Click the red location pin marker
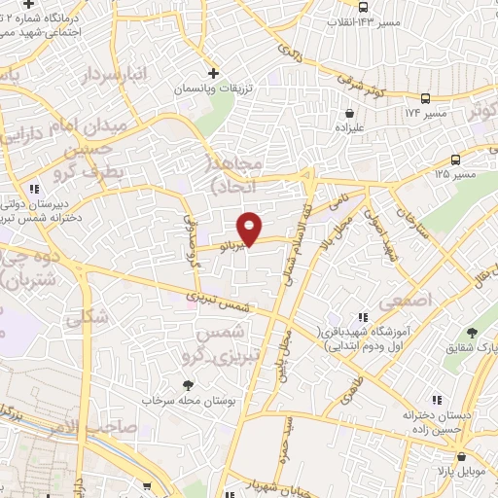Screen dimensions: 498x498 (250, 228)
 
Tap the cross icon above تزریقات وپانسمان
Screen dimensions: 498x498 (214, 73)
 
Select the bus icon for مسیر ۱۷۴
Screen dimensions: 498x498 (425, 98)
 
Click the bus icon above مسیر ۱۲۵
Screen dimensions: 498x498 (456, 160)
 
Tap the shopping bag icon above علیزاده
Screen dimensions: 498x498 (348, 112)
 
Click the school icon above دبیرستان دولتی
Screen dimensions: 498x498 (34, 189)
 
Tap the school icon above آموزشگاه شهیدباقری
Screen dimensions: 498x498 (363, 317)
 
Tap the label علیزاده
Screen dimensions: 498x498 (349, 127)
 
